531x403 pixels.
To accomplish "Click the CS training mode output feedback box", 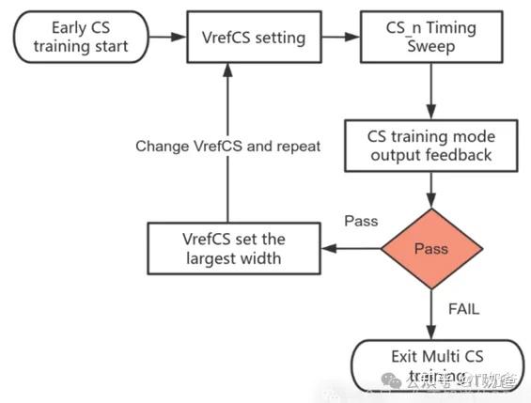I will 429,146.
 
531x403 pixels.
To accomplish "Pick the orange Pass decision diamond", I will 431,250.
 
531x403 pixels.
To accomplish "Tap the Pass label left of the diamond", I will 360,222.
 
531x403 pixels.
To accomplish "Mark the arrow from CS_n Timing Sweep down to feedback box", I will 430,92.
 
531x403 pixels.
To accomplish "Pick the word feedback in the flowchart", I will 461,155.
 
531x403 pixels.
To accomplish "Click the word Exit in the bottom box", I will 404,356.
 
